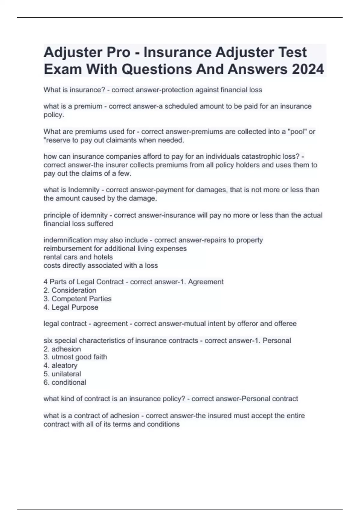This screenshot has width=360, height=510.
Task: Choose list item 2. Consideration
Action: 70,290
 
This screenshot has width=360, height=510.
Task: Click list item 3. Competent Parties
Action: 77,298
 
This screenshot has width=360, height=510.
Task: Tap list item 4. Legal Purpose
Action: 71,307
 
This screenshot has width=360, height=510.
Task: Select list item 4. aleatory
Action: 61,365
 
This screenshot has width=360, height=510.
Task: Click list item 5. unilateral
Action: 62,374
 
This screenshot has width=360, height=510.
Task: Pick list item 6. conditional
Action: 65,382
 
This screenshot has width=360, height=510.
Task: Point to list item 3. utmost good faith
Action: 75,357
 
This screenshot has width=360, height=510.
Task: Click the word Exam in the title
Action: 63,69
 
